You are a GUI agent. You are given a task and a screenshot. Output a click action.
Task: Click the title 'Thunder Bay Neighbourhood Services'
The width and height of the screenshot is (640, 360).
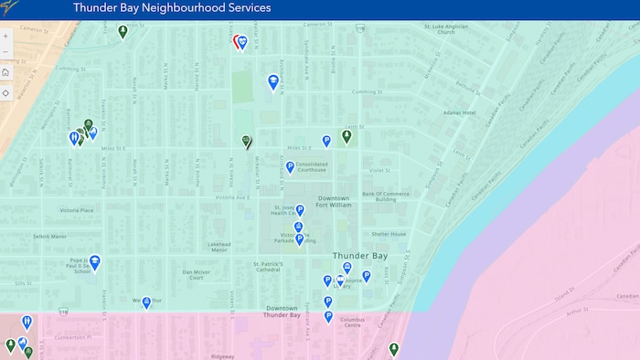pyautogui.click(x=172, y=8)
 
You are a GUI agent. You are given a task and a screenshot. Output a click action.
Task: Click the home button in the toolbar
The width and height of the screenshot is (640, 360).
pyautogui.click(x=6, y=72)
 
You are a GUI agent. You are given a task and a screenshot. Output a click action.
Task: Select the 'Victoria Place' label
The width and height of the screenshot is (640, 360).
pyautogui.click(x=77, y=210)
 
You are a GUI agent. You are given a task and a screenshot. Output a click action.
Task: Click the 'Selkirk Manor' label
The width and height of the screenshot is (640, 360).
pyautogui.click(x=50, y=236)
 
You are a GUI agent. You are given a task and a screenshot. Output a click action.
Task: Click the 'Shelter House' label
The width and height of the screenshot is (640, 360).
pyautogui.click(x=388, y=234)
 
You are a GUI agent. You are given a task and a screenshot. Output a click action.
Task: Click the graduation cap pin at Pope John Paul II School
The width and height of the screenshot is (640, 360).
pyautogui.click(x=94, y=262)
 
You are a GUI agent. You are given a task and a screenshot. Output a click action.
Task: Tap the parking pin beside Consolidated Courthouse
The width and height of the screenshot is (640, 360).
pyautogui.click(x=291, y=166)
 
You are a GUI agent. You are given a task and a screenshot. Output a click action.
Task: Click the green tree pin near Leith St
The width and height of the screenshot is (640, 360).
pyautogui.click(x=347, y=136)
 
